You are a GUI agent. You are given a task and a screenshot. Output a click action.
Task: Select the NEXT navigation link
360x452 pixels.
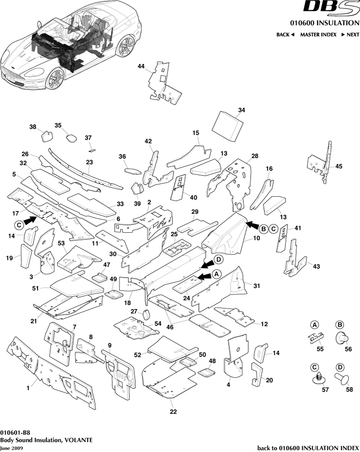[350, 35]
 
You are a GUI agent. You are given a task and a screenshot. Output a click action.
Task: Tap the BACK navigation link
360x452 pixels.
[285, 35]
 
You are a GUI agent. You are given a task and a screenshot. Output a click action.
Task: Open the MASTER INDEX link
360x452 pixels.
[318, 35]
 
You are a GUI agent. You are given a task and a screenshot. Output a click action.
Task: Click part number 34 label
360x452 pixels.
[241, 110]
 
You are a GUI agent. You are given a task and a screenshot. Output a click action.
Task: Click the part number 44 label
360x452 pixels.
[141, 66]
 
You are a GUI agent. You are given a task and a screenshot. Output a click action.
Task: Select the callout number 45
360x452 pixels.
[339, 166]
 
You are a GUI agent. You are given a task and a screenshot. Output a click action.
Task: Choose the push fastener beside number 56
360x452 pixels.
[341, 336]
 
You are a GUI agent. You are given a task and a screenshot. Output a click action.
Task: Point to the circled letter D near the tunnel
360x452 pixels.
[218, 259]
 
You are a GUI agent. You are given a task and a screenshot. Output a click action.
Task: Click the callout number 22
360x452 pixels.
[173, 411]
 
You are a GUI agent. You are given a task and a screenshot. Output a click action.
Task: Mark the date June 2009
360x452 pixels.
[11, 447]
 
